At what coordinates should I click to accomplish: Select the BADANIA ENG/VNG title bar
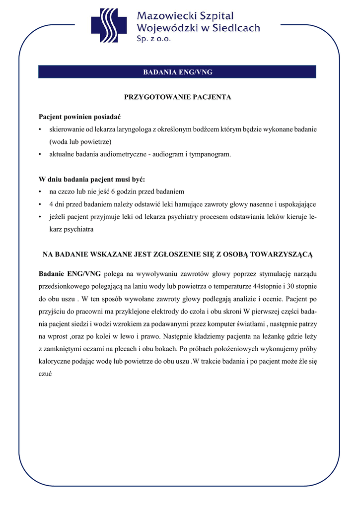tap(177, 72)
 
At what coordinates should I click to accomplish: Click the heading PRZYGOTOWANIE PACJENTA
tap(177, 97)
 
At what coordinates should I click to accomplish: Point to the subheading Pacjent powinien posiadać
tap(79, 117)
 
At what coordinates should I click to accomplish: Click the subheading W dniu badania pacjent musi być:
tap(92, 179)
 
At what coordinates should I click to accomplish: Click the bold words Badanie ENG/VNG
tap(70, 274)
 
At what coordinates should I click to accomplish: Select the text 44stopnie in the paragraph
tap(267, 286)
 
